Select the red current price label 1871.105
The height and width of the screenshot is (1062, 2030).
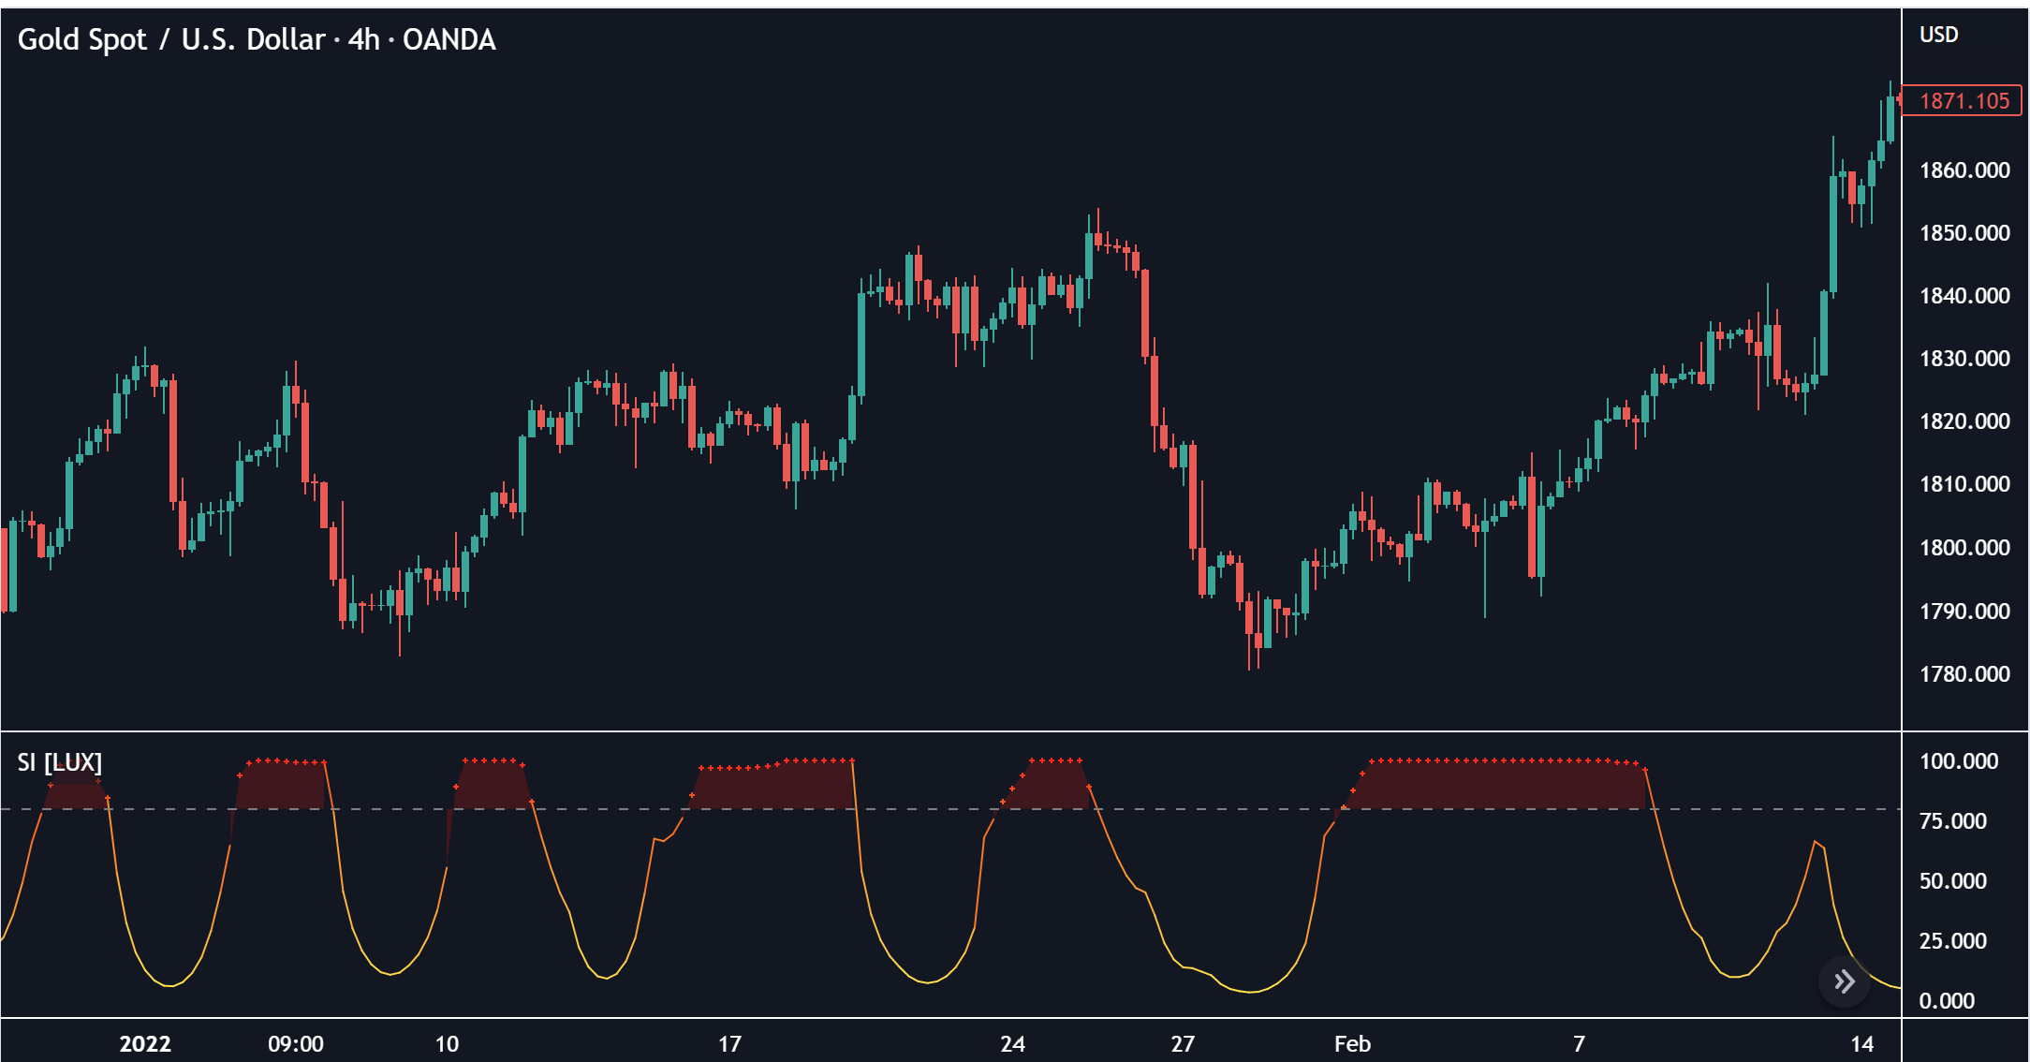click(x=1964, y=101)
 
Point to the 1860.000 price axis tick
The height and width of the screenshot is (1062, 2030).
click(x=1964, y=170)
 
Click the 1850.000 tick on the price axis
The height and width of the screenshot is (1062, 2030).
click(x=1964, y=233)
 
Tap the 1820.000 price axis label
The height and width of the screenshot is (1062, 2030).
click(x=1964, y=421)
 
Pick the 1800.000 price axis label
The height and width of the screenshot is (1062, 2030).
click(x=1964, y=548)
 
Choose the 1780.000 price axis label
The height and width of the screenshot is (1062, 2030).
click(x=1964, y=674)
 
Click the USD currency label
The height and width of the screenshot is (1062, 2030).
click(x=1938, y=35)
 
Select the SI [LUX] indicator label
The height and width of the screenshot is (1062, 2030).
click(x=59, y=762)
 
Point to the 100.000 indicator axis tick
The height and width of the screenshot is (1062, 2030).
click(x=1958, y=761)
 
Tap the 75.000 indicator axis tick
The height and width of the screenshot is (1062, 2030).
click(x=1952, y=821)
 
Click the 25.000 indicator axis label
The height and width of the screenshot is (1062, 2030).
click(x=1952, y=941)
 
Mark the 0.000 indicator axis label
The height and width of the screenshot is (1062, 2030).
click(x=1947, y=1001)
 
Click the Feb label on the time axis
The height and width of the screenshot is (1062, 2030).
click(x=1352, y=1044)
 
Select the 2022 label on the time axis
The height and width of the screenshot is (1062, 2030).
click(x=145, y=1044)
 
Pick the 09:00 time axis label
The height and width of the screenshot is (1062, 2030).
click(x=296, y=1044)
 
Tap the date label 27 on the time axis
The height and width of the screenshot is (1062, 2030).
click(x=1183, y=1044)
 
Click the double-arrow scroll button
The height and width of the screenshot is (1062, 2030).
click(x=1844, y=981)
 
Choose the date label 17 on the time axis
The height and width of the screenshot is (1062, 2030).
click(x=729, y=1044)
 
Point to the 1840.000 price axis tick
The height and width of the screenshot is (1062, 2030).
click(x=1964, y=296)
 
